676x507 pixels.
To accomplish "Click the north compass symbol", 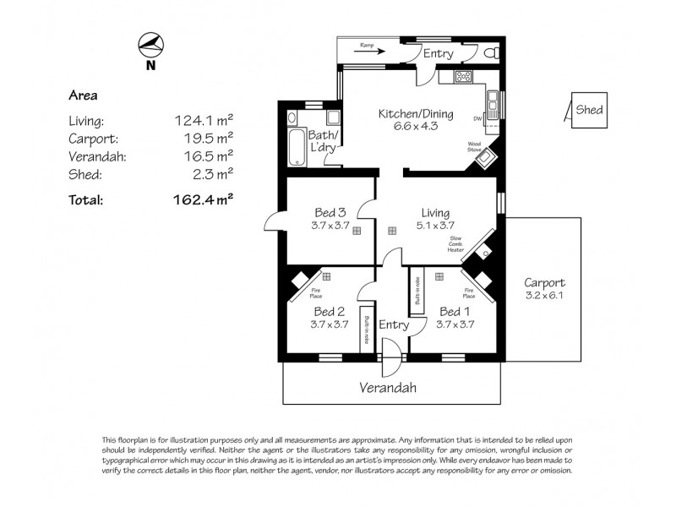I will point(150,44).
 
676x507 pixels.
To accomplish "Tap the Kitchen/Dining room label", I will point(415,114).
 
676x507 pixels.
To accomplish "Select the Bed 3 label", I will point(330,212).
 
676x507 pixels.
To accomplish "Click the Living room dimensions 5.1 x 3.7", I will point(436,226).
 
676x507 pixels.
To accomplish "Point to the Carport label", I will point(544,282).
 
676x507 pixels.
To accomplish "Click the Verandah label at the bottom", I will point(388,388).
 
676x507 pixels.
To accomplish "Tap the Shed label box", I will point(589,110).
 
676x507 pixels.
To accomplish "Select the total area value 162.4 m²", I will point(202,200).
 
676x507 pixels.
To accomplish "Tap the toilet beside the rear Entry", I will point(493,53).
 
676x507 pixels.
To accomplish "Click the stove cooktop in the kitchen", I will point(465,78).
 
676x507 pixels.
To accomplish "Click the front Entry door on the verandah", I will point(389,358).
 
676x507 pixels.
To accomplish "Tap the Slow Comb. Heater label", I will point(456,244).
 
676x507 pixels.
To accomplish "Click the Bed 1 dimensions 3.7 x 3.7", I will point(456,324).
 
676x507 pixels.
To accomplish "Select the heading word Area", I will point(83,95).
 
